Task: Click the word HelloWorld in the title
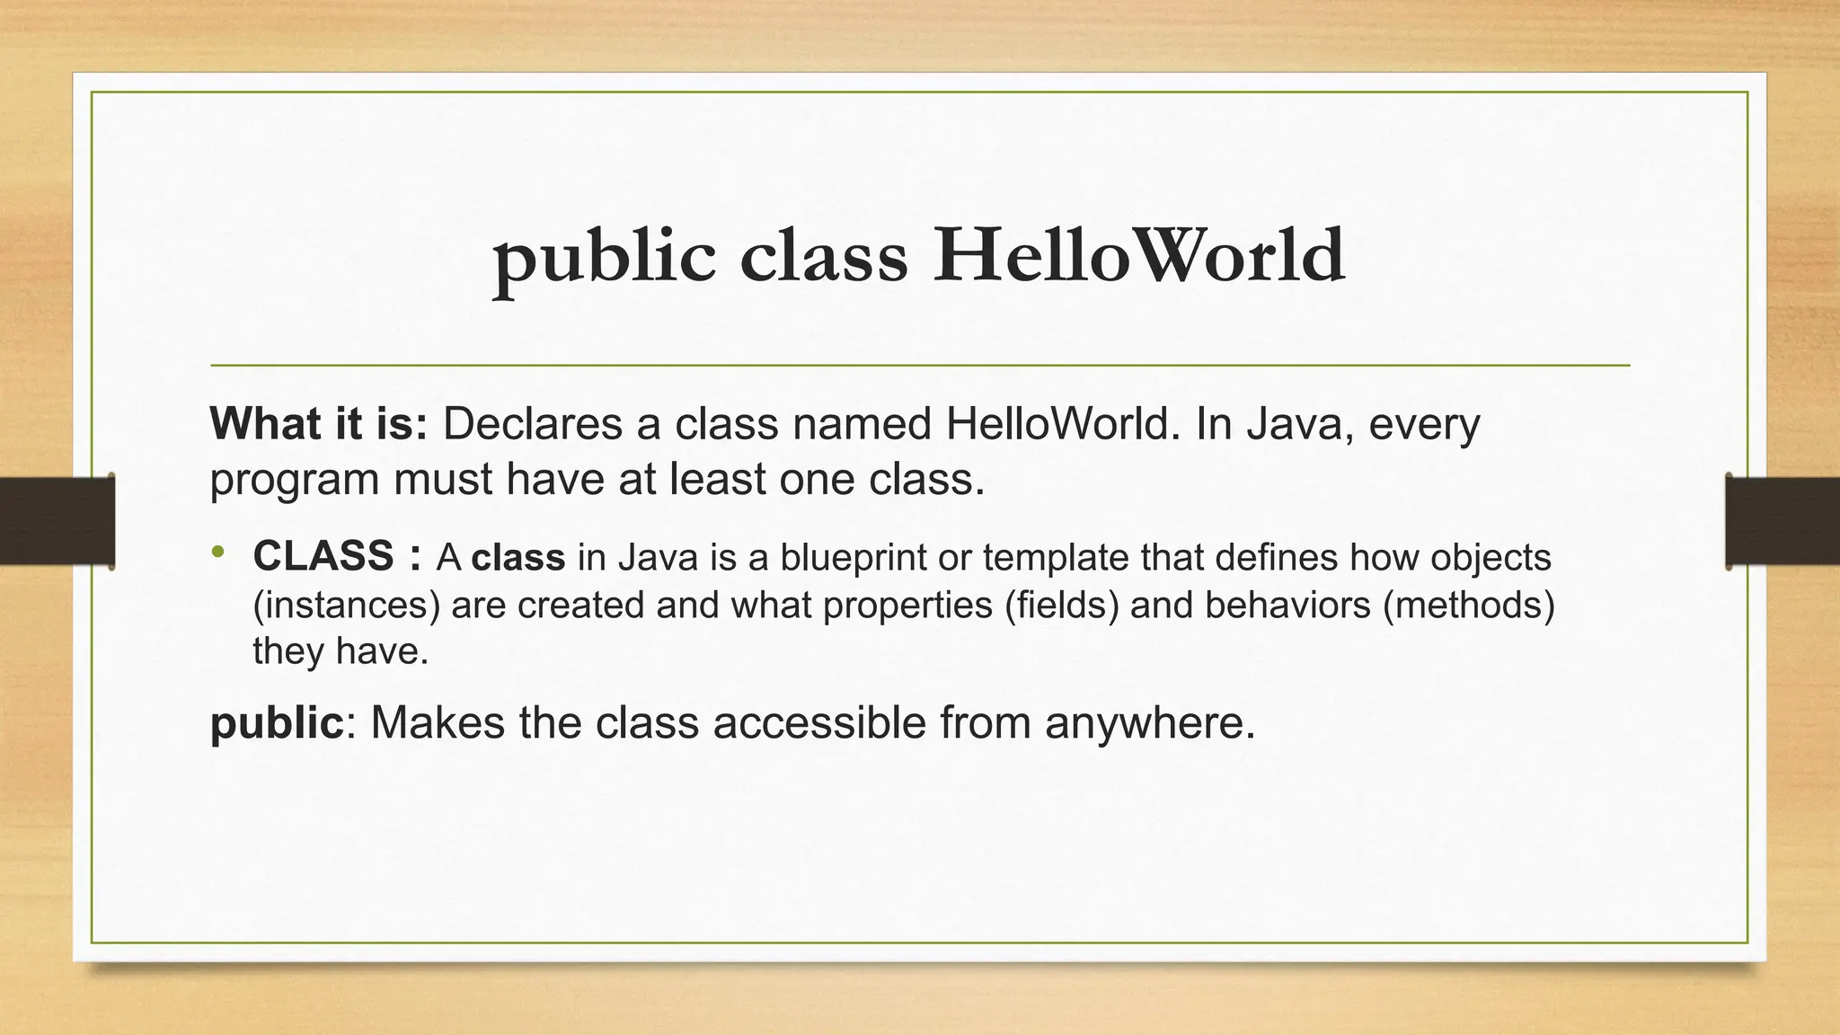tap(1138, 256)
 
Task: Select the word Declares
tap(533, 424)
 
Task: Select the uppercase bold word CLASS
tap(323, 556)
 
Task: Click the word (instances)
tap(347, 605)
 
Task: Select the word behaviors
tap(1287, 605)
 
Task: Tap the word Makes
tap(438, 722)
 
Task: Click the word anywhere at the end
tap(1149, 723)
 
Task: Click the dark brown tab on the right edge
tap(1782, 521)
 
